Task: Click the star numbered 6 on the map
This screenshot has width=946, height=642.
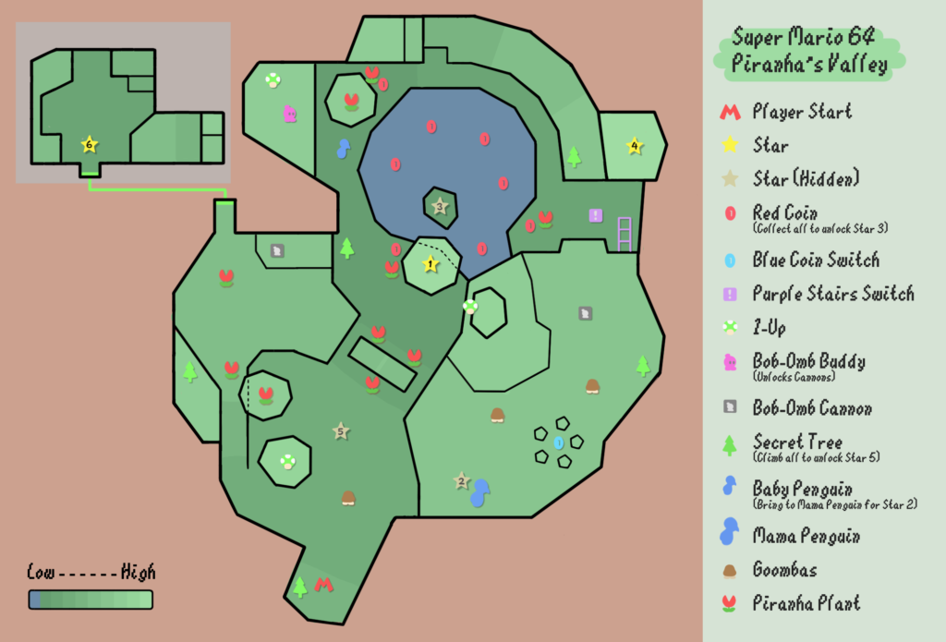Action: [90, 144]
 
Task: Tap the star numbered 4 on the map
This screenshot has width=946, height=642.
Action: [634, 145]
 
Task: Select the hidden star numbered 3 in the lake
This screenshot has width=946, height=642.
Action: [440, 206]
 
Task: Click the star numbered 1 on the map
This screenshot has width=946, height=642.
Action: [431, 263]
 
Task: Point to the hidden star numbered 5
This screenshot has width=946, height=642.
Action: [341, 431]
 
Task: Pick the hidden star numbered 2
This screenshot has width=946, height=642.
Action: [462, 481]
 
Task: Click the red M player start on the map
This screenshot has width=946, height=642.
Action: [324, 584]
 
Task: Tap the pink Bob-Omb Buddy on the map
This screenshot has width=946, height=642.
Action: [290, 114]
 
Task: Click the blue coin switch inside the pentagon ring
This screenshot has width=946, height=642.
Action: [559, 442]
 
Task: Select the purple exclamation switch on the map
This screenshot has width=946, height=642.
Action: [596, 215]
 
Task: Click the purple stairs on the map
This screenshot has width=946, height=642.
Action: [625, 234]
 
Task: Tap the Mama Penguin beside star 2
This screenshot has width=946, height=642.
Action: [480, 493]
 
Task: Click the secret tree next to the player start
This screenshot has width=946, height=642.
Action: [300, 587]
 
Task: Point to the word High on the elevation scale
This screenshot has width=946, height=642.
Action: [139, 572]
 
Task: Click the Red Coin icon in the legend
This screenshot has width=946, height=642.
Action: [730, 213]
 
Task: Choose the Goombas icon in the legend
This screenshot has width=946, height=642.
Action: [730, 571]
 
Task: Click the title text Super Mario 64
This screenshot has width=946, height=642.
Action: [803, 37]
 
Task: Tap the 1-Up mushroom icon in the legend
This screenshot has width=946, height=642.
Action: [730, 328]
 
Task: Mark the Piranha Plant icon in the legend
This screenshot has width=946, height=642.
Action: [730, 603]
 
